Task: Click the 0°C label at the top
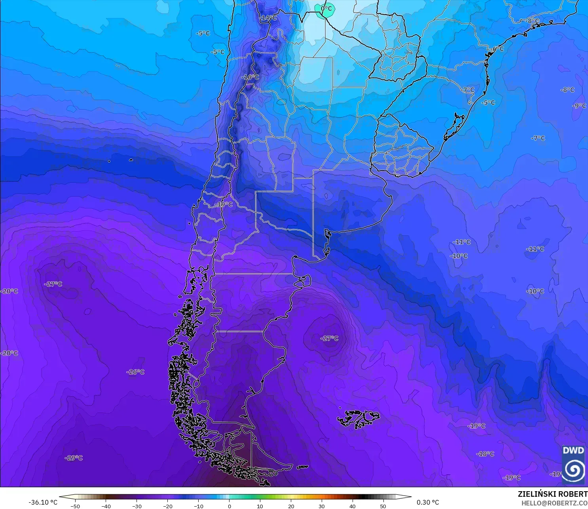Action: pyautogui.click(x=326, y=8)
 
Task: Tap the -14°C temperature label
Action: pyautogui.click(x=268, y=18)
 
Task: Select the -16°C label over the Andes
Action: pyautogui.click(x=250, y=77)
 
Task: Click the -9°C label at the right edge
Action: pyautogui.click(x=579, y=106)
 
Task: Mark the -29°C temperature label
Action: pyautogui.click(x=74, y=458)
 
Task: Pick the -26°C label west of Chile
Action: pyautogui.click(x=135, y=372)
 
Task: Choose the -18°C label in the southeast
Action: pyautogui.click(x=485, y=454)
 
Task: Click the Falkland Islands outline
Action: pyautogui.click(x=358, y=418)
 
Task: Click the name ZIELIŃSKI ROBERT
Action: pyautogui.click(x=552, y=494)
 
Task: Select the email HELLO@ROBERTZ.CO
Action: pyautogui.click(x=554, y=503)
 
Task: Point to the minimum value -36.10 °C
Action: pyautogui.click(x=43, y=502)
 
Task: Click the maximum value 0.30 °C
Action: pyautogui.click(x=428, y=502)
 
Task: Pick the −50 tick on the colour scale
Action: pyautogui.click(x=75, y=506)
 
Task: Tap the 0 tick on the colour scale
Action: pyautogui.click(x=230, y=506)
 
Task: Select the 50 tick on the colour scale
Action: pyautogui.click(x=383, y=506)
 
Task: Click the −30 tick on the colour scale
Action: pyautogui.click(x=137, y=506)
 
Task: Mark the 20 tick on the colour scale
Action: pyautogui.click(x=291, y=506)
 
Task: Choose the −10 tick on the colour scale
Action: pyautogui.click(x=198, y=506)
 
